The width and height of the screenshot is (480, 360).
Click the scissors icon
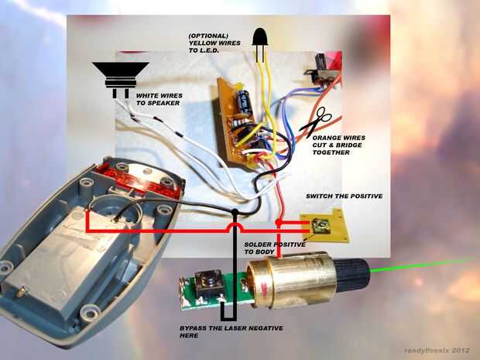[316, 121]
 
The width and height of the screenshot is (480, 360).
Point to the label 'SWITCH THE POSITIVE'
[344, 197]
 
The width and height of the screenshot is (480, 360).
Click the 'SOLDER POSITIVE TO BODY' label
[271, 248]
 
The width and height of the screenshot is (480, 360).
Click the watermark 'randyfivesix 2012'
[437, 350]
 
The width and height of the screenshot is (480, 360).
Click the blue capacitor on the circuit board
[245, 101]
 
